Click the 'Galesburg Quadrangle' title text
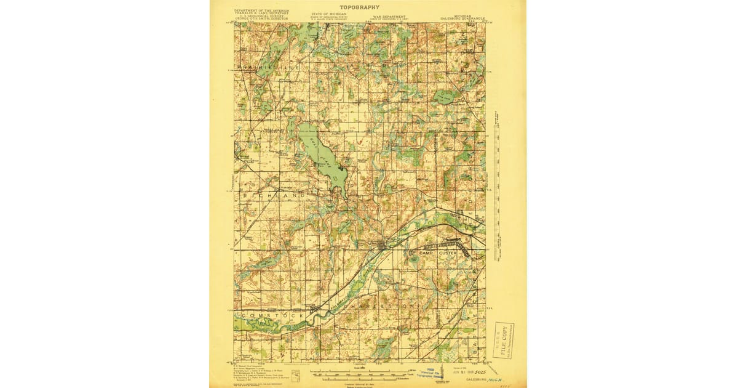click(462, 19)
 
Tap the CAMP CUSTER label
click(438, 253)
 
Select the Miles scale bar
click(362, 371)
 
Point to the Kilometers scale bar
click(362, 376)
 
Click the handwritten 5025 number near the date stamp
click(475, 373)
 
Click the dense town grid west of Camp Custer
click(383, 246)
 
